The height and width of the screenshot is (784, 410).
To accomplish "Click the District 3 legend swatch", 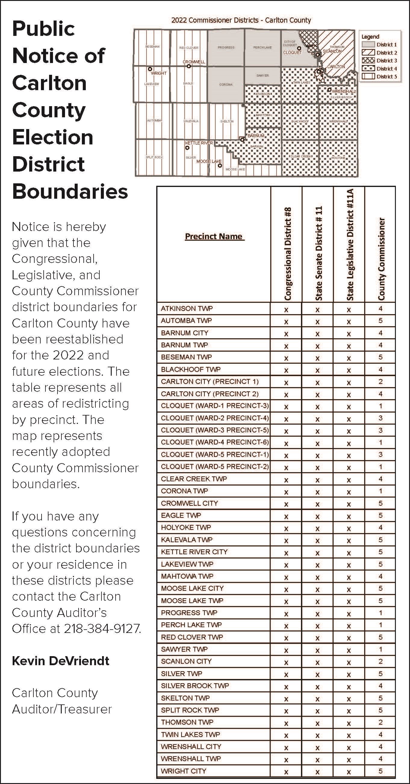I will click(x=368, y=61).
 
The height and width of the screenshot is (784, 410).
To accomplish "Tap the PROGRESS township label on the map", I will click(x=226, y=47).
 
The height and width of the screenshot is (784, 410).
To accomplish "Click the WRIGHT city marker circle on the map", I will click(x=150, y=69).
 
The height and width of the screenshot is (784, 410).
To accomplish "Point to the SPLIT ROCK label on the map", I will click(x=154, y=157).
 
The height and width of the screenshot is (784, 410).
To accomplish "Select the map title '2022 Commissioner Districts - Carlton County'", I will click(x=241, y=21).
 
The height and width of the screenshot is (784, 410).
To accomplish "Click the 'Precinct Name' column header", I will click(x=214, y=236).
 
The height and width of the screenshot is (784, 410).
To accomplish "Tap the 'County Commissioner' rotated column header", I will click(x=381, y=259).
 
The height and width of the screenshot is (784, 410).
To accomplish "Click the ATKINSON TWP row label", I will click(x=187, y=308).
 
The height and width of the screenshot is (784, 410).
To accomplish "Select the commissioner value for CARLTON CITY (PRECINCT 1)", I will click(x=380, y=382).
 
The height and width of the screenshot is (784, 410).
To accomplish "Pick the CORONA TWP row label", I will click(x=184, y=491).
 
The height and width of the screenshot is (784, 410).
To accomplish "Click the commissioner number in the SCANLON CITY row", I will click(x=380, y=661).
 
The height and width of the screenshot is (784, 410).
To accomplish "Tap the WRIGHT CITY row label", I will click(x=183, y=771).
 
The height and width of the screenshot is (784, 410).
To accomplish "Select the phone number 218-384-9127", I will click(x=102, y=628).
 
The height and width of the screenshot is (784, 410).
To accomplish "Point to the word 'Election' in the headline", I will click(x=53, y=137).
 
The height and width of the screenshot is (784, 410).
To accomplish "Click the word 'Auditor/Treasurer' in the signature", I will click(x=62, y=709).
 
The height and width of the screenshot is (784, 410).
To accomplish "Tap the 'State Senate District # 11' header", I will click(x=318, y=253).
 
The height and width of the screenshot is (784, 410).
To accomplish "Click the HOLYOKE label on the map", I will click(x=338, y=158).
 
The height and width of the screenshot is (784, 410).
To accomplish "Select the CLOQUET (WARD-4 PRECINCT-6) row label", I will click(x=215, y=442).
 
